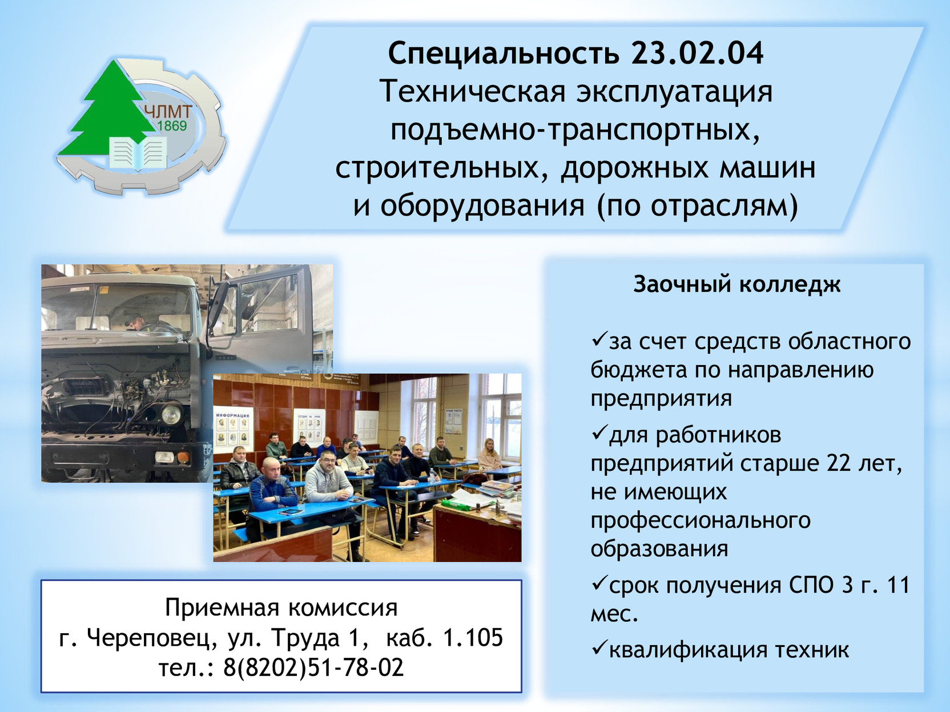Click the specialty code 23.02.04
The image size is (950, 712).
tap(697, 53)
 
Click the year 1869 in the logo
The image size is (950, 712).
tap(172, 126)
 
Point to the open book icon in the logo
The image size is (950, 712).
tap(138, 153)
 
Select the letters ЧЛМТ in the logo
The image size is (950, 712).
tap(168, 111)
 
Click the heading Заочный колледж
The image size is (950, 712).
tap(736, 285)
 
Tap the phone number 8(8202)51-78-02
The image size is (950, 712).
tap(313, 666)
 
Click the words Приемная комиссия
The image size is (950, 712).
tap(281, 608)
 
